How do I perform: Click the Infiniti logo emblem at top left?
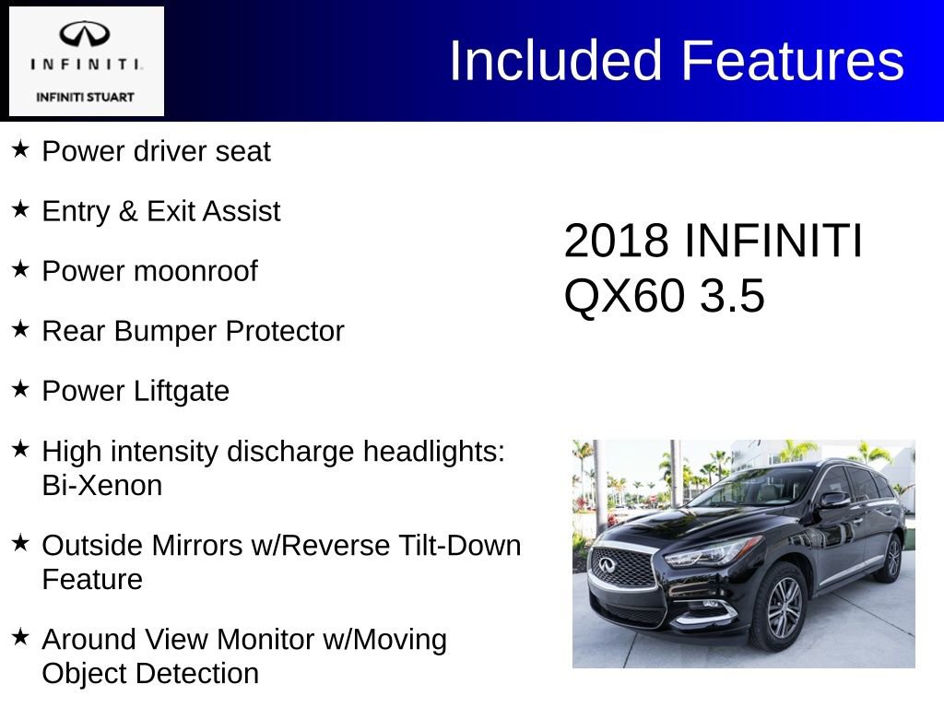click(85, 35)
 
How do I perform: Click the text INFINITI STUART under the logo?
click(85, 97)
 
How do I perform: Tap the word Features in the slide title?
click(793, 61)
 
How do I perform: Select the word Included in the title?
click(557, 61)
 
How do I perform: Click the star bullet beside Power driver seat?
click(20, 148)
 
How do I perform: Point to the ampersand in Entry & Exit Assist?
click(127, 211)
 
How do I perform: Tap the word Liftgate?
click(182, 391)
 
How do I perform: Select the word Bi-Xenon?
click(101, 486)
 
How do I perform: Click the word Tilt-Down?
click(452, 545)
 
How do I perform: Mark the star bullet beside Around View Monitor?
click(20, 637)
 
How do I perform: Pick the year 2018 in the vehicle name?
click(615, 242)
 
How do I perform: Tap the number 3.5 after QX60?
click(732, 297)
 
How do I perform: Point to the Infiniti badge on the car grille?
click(606, 564)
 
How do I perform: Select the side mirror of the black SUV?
click(833, 500)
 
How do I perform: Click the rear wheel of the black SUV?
click(891, 558)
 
